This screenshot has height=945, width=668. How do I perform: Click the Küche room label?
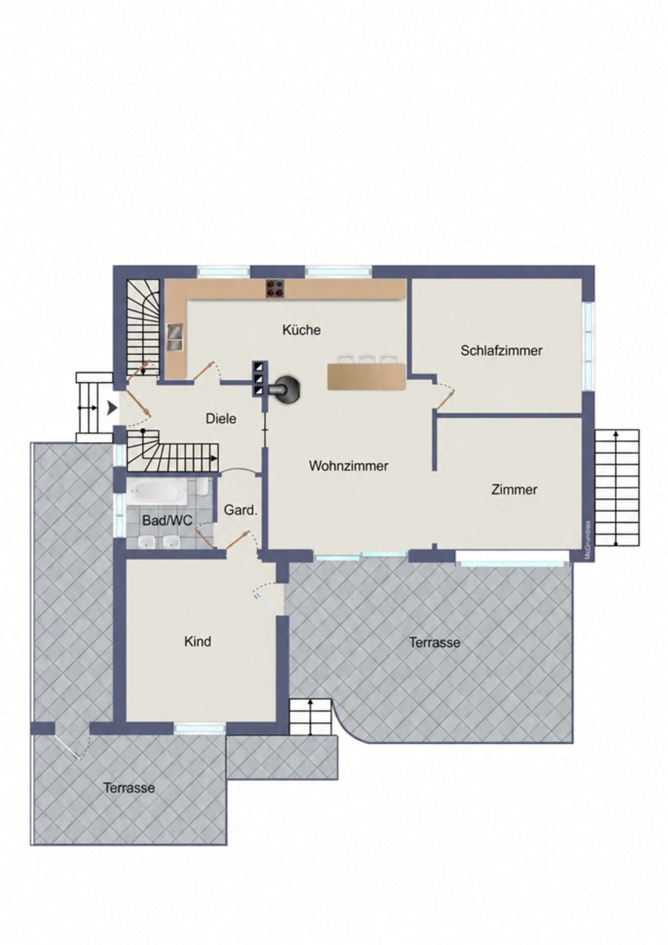click(x=301, y=329)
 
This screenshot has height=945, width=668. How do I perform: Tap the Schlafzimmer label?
click(x=501, y=350)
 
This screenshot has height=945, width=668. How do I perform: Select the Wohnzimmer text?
click(x=348, y=466)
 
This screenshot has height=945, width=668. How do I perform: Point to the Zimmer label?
click(x=514, y=489)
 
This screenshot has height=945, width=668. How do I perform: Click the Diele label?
click(x=221, y=418)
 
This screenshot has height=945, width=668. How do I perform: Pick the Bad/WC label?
click(x=167, y=521)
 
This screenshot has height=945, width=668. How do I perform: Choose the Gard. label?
click(x=240, y=510)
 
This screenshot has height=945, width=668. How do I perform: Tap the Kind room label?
click(x=198, y=641)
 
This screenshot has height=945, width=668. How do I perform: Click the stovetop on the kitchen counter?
click(x=275, y=289)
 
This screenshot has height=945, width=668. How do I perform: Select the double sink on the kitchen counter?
click(x=175, y=337)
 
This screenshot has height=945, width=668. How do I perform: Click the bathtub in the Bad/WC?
click(x=156, y=491)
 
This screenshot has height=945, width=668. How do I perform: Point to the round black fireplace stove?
click(x=288, y=387)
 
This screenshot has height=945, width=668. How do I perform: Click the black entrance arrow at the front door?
click(x=112, y=408)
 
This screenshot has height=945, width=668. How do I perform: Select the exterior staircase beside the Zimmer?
click(x=616, y=488)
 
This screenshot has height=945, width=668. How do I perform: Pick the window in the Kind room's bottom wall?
click(x=199, y=728)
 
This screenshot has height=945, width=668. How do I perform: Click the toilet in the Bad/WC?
click(x=202, y=487)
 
